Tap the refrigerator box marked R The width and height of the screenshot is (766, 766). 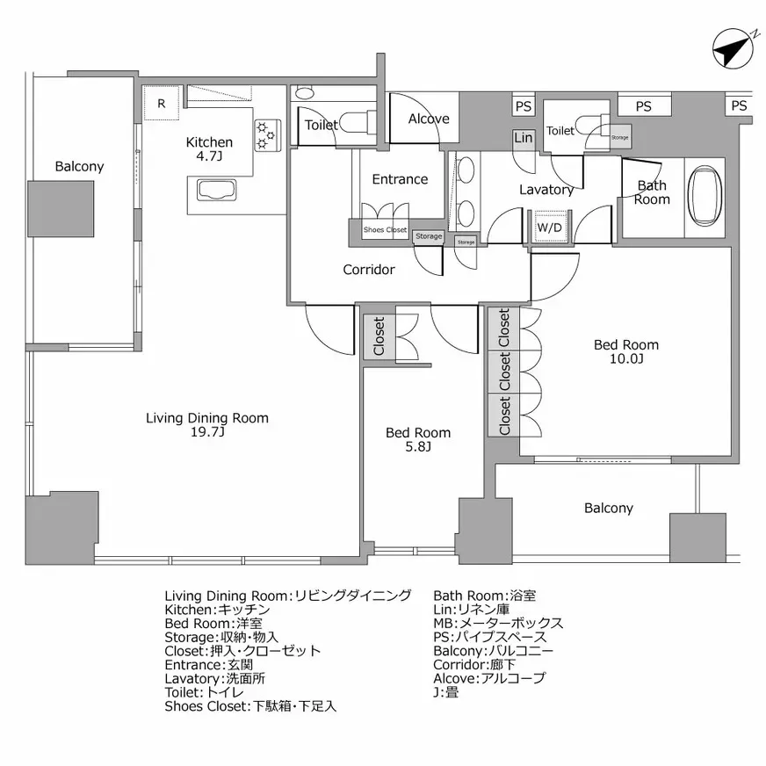click(161, 103)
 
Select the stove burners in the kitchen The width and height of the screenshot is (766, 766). click(266, 134)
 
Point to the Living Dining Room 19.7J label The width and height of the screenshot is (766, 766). click(207, 425)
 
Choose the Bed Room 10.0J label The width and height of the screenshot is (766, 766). click(626, 351)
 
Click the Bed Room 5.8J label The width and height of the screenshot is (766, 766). click(419, 439)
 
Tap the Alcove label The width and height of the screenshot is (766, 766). click(429, 119)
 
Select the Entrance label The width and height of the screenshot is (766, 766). click(400, 179)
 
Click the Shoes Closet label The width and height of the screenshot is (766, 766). click(386, 230)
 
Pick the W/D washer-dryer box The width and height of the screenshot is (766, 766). click(550, 228)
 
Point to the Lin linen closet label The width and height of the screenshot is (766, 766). click(523, 138)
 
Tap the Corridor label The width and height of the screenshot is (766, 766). click(369, 270)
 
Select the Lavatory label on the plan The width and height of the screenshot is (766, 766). click(546, 190)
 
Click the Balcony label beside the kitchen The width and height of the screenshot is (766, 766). click(79, 166)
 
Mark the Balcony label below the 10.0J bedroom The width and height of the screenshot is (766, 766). click(608, 508)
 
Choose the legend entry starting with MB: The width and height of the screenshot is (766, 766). click(498, 623)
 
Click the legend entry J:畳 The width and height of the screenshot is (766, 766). click(445, 692)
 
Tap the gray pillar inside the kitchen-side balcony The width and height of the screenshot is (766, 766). click(61, 209)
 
